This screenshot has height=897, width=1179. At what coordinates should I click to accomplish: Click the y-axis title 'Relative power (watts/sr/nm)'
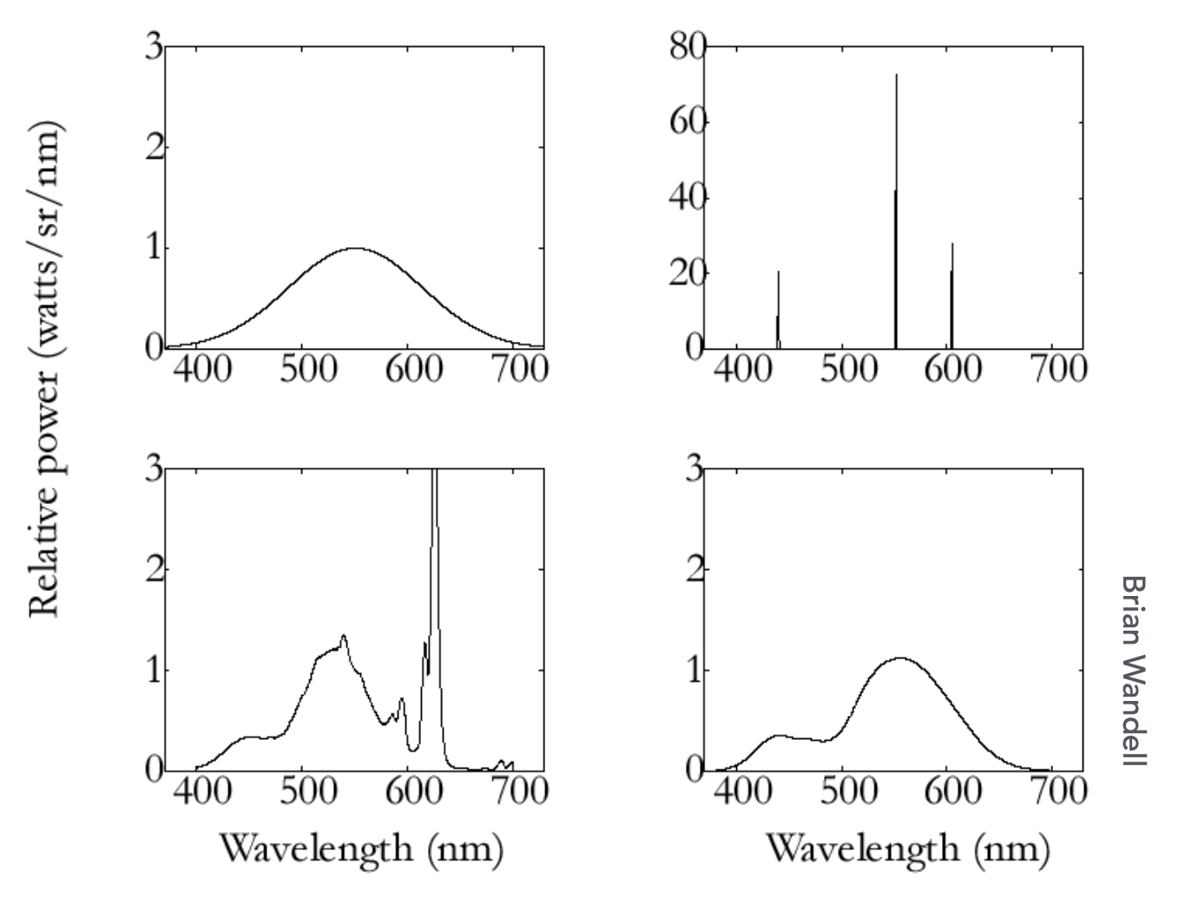(45, 368)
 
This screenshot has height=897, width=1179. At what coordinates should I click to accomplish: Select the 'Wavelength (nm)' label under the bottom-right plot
(907, 848)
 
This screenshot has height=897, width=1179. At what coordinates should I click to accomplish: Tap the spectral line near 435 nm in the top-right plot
(778, 312)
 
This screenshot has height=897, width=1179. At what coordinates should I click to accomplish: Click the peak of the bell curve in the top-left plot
(356, 248)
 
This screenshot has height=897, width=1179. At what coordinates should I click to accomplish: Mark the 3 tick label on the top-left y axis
(154, 47)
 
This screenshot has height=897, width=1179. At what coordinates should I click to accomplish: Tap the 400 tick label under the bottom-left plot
(202, 791)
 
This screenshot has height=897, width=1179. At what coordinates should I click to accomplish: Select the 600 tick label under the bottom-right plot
(953, 791)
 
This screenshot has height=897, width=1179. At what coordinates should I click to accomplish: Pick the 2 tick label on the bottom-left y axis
(154, 570)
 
